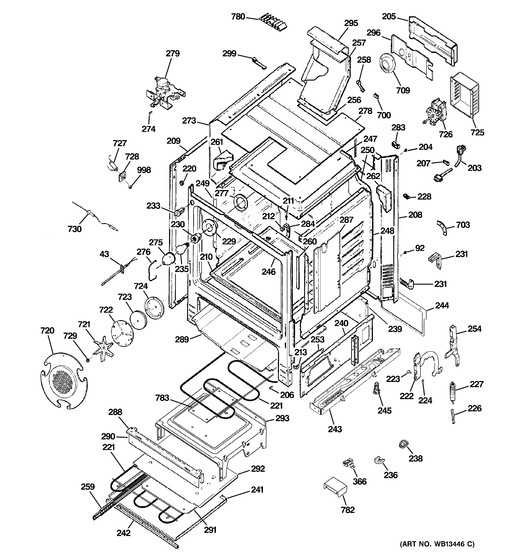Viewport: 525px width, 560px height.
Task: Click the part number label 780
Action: click(238, 17)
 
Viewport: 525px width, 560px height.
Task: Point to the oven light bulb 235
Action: click(180, 249)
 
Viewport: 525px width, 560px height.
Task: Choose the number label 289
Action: click(181, 339)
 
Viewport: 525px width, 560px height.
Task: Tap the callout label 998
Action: click(144, 170)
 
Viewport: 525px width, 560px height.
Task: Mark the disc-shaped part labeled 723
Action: click(138, 320)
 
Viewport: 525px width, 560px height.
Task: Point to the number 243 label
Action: click(335, 429)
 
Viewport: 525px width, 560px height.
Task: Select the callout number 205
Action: click(389, 16)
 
